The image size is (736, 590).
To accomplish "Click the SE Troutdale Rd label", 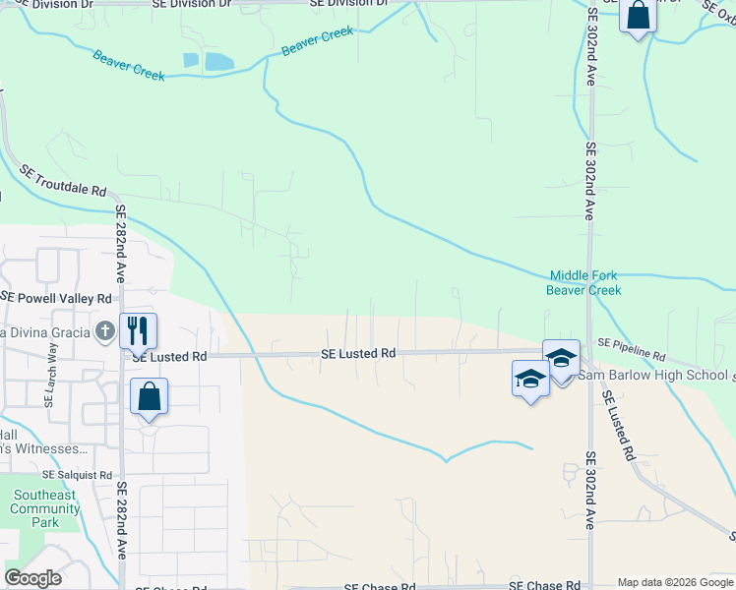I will coord(62,184).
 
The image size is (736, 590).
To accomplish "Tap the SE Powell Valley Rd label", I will coord(56,298).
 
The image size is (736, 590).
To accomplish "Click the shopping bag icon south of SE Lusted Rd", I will coord(149,397).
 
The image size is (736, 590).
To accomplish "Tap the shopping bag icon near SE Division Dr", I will coord(638,16).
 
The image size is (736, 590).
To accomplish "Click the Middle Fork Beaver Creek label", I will coord(584,283).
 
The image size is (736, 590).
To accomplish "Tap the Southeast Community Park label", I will coord(44,508).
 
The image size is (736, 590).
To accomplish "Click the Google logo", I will coord(33,578).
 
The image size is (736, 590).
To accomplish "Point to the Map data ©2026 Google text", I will coord(674,582).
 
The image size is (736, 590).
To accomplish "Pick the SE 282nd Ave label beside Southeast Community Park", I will coord(121,521).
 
